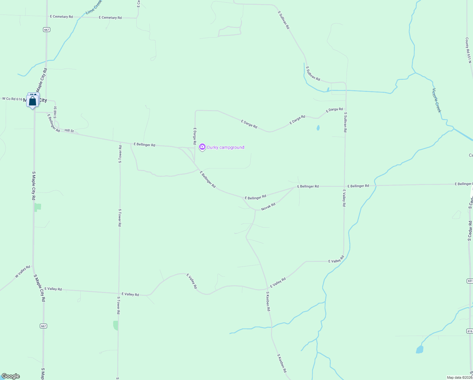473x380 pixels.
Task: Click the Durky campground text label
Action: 225,147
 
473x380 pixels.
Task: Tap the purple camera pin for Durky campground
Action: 202,147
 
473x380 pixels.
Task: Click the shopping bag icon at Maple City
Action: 33,101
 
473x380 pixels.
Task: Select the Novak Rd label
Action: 268,207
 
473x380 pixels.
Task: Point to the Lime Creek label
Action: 94,7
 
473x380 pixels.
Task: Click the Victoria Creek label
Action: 436,100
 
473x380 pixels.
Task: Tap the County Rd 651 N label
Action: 468,50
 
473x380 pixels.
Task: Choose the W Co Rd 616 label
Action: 12,99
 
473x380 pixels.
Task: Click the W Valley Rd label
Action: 23,272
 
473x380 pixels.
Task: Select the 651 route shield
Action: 470,281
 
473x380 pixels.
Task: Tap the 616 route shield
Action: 470,331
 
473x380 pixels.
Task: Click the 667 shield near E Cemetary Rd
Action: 46,29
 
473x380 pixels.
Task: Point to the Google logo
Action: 11,376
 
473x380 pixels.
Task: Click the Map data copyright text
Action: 459,377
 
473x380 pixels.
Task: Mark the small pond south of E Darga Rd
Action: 318,128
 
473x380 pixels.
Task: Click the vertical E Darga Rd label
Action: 195,136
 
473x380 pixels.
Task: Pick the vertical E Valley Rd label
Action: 344,198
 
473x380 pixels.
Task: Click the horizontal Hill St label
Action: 69,130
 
